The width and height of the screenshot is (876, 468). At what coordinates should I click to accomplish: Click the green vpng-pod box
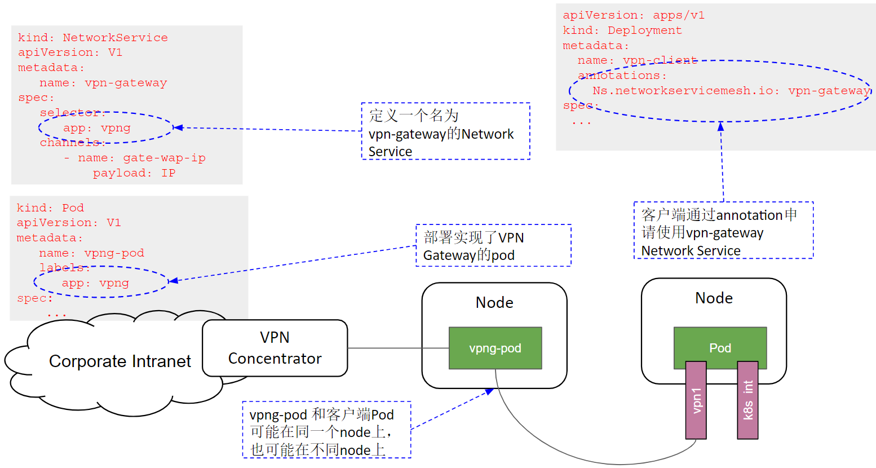495,348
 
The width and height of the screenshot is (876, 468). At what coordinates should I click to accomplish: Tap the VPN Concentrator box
275,348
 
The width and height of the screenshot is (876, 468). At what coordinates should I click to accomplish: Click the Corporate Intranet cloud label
120,361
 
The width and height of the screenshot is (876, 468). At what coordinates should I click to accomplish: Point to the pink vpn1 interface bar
696,400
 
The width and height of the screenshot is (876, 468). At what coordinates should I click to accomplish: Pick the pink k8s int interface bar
747,400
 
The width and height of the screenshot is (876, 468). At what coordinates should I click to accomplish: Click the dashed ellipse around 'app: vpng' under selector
106,127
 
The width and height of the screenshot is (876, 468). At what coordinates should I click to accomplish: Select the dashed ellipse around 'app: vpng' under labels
101,282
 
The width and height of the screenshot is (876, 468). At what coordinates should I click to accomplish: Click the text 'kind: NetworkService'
92,38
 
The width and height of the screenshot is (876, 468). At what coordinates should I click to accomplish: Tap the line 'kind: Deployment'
622,30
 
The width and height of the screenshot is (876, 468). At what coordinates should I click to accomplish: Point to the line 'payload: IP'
134,173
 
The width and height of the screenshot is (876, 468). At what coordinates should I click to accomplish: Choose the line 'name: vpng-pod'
91,253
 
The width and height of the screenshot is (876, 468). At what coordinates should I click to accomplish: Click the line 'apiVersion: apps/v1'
633,15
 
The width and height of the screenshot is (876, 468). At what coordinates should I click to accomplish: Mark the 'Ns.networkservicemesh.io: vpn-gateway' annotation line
731,91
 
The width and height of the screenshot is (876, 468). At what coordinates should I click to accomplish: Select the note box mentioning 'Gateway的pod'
493,246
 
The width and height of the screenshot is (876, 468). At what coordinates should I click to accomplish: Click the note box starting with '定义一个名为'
445,131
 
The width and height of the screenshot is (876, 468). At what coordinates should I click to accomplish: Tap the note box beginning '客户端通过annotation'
723,231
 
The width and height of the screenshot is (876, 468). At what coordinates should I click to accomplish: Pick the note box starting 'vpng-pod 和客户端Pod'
326,430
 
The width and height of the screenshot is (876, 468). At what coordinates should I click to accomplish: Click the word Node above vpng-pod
494,303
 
